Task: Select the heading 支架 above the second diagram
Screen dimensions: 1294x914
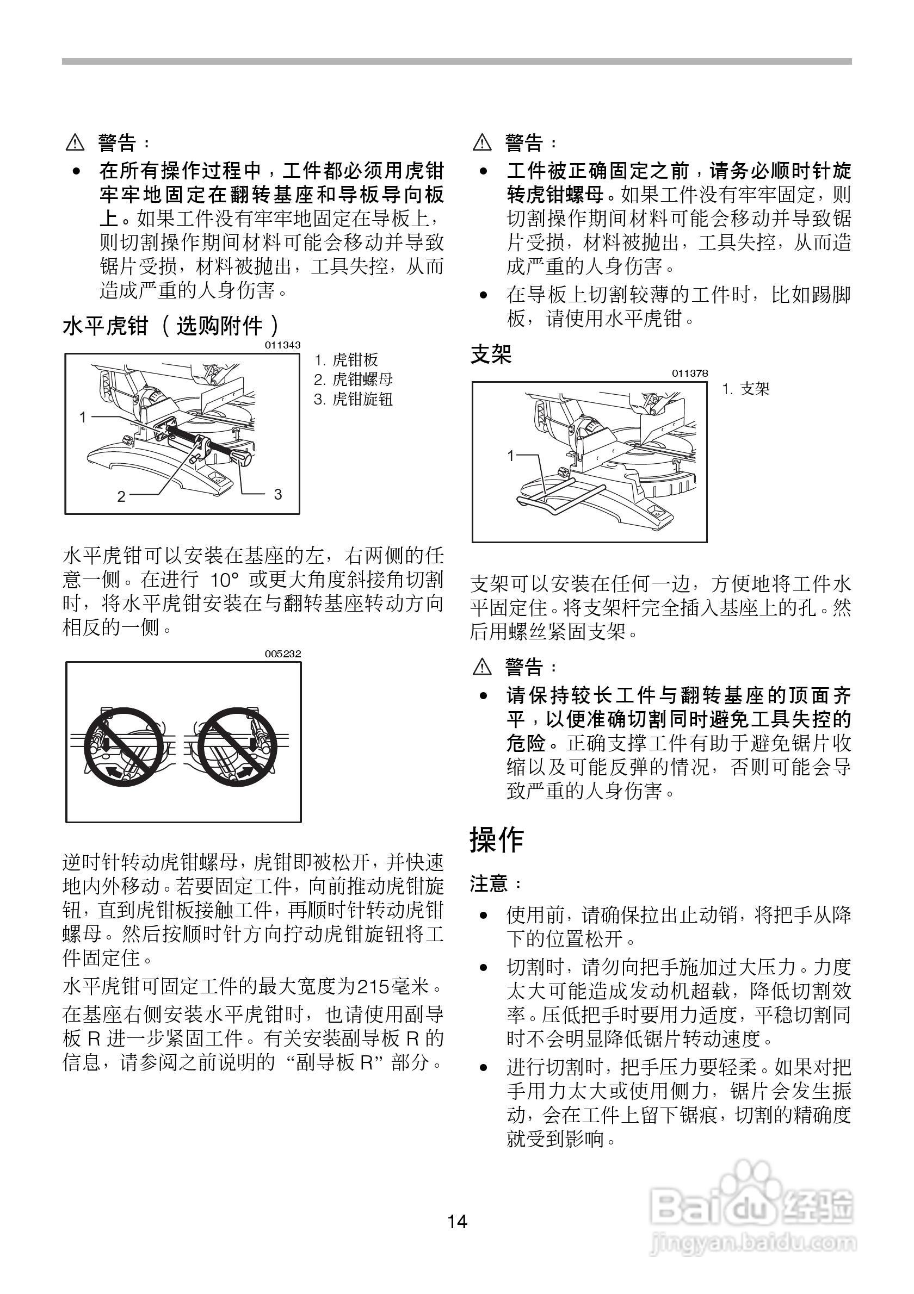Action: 491,354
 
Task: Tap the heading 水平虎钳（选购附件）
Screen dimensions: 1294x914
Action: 171,326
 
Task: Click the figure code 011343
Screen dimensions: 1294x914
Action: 282,345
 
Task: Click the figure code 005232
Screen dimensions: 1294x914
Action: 283,654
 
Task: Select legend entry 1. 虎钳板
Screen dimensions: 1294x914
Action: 345,359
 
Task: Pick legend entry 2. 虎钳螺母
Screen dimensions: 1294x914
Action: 353,380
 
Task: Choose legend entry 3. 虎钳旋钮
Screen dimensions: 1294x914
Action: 353,399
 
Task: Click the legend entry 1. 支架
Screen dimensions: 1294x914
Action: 745,388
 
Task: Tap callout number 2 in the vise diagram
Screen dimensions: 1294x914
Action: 121,496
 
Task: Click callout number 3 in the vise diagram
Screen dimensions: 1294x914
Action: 277,494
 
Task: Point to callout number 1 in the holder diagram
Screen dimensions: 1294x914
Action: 511,456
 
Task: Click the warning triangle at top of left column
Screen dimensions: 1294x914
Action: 75,142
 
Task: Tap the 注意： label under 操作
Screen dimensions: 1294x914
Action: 496,883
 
